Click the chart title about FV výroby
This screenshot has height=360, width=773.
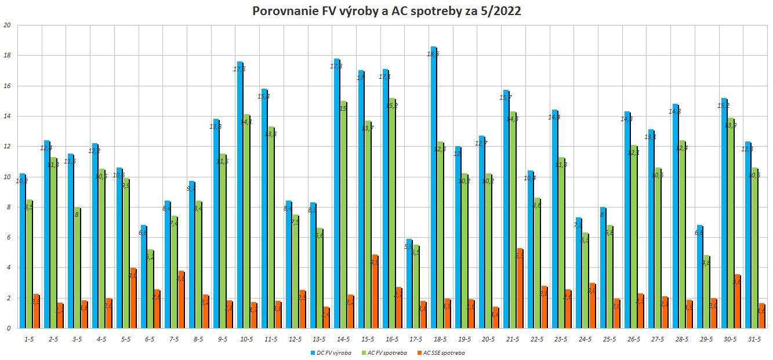[387, 12]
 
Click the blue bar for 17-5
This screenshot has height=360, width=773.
[409, 283]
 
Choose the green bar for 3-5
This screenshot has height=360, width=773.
[77, 267]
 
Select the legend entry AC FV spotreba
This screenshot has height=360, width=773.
[386, 352]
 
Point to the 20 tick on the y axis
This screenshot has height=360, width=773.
[7, 26]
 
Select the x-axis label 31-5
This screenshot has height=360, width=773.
[754, 340]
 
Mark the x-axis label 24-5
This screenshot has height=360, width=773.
[585, 340]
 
